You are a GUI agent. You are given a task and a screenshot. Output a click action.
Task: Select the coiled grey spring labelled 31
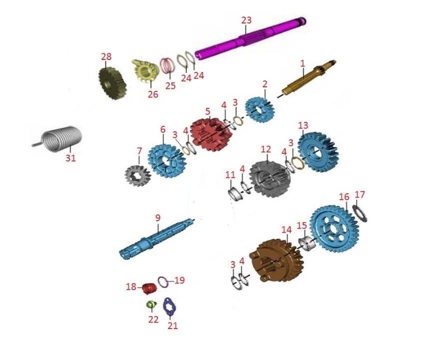tap(60, 139)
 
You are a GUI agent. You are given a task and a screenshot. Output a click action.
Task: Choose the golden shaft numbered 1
tap(309, 78)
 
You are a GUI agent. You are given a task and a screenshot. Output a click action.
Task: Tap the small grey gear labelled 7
tap(137, 176)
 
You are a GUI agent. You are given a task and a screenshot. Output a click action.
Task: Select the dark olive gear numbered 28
tap(112, 83)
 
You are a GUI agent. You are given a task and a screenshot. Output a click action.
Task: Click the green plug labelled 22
tap(151, 305)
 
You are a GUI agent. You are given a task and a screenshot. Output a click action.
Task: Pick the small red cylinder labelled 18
tap(149, 288)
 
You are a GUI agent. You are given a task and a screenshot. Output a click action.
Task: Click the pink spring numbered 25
tap(167, 66)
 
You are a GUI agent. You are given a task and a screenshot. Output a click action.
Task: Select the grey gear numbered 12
tap(266, 179)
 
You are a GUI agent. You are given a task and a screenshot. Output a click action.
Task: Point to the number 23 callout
tap(246, 20)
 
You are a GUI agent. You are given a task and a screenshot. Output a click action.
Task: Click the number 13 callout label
tap(303, 125)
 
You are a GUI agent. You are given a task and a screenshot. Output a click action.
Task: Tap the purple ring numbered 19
tap(163, 283)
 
